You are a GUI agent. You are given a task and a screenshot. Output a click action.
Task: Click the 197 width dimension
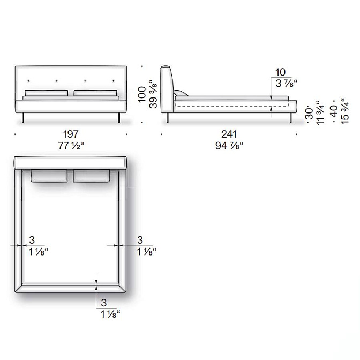[71, 134]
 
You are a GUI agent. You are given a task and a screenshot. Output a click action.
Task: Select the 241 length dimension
[229, 134]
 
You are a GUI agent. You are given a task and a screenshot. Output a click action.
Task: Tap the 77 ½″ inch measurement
[71, 146]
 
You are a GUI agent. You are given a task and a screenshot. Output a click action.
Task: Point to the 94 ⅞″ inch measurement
[229, 146]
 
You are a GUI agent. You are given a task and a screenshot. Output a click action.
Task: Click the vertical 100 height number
[142, 94]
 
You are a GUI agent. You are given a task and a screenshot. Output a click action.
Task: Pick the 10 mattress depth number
[280, 72]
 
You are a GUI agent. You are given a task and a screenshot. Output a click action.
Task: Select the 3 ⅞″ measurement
[287, 83]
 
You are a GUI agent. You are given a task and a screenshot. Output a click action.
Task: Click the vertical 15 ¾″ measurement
[345, 111]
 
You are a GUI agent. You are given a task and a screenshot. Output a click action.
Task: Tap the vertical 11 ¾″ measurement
[320, 112]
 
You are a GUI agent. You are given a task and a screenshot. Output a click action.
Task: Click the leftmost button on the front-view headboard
[28, 81]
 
